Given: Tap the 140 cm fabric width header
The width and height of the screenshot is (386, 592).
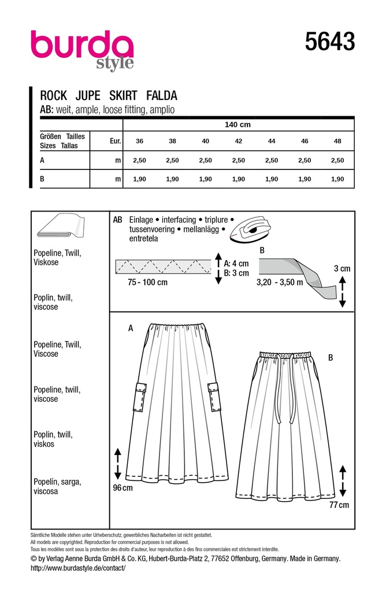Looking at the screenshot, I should point(237,125).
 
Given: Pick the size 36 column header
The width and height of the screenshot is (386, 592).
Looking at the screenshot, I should point(139,141).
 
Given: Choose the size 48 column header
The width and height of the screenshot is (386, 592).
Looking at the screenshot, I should point(338,141).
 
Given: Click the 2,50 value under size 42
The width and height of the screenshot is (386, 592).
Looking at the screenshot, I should point(238,160).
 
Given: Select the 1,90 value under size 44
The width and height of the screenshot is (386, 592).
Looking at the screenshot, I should point(271,180).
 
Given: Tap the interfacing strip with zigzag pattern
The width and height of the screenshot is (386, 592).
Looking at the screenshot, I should point(165,267).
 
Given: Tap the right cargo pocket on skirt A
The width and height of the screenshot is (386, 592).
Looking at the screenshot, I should point(213,397).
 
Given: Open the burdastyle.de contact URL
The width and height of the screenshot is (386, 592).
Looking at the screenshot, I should point(77,569).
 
